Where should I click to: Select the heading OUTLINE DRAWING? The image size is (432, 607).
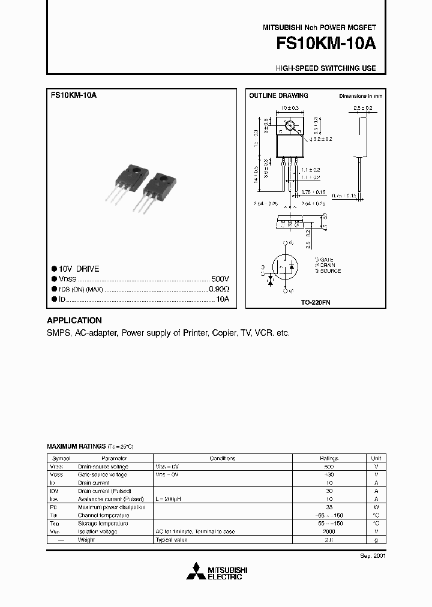pos(278,95)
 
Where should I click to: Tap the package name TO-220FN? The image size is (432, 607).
pos(316,303)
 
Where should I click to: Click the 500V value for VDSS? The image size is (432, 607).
pos(220,279)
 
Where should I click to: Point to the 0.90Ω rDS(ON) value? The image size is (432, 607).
pos(218,289)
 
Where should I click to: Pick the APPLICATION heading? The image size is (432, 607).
pos(74,320)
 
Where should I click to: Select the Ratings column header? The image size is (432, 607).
pos(329,458)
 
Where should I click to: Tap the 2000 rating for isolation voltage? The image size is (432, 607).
pos(329,531)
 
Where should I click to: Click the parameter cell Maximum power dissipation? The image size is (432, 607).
pos(112,507)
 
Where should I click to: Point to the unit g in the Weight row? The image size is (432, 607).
pos(376,539)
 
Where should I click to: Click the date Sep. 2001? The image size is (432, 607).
pos(373,556)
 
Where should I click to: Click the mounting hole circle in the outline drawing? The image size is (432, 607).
pos(290,126)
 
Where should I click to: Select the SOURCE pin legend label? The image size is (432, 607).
pos(328,271)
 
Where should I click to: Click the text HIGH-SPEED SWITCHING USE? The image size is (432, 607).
pos(326,68)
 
